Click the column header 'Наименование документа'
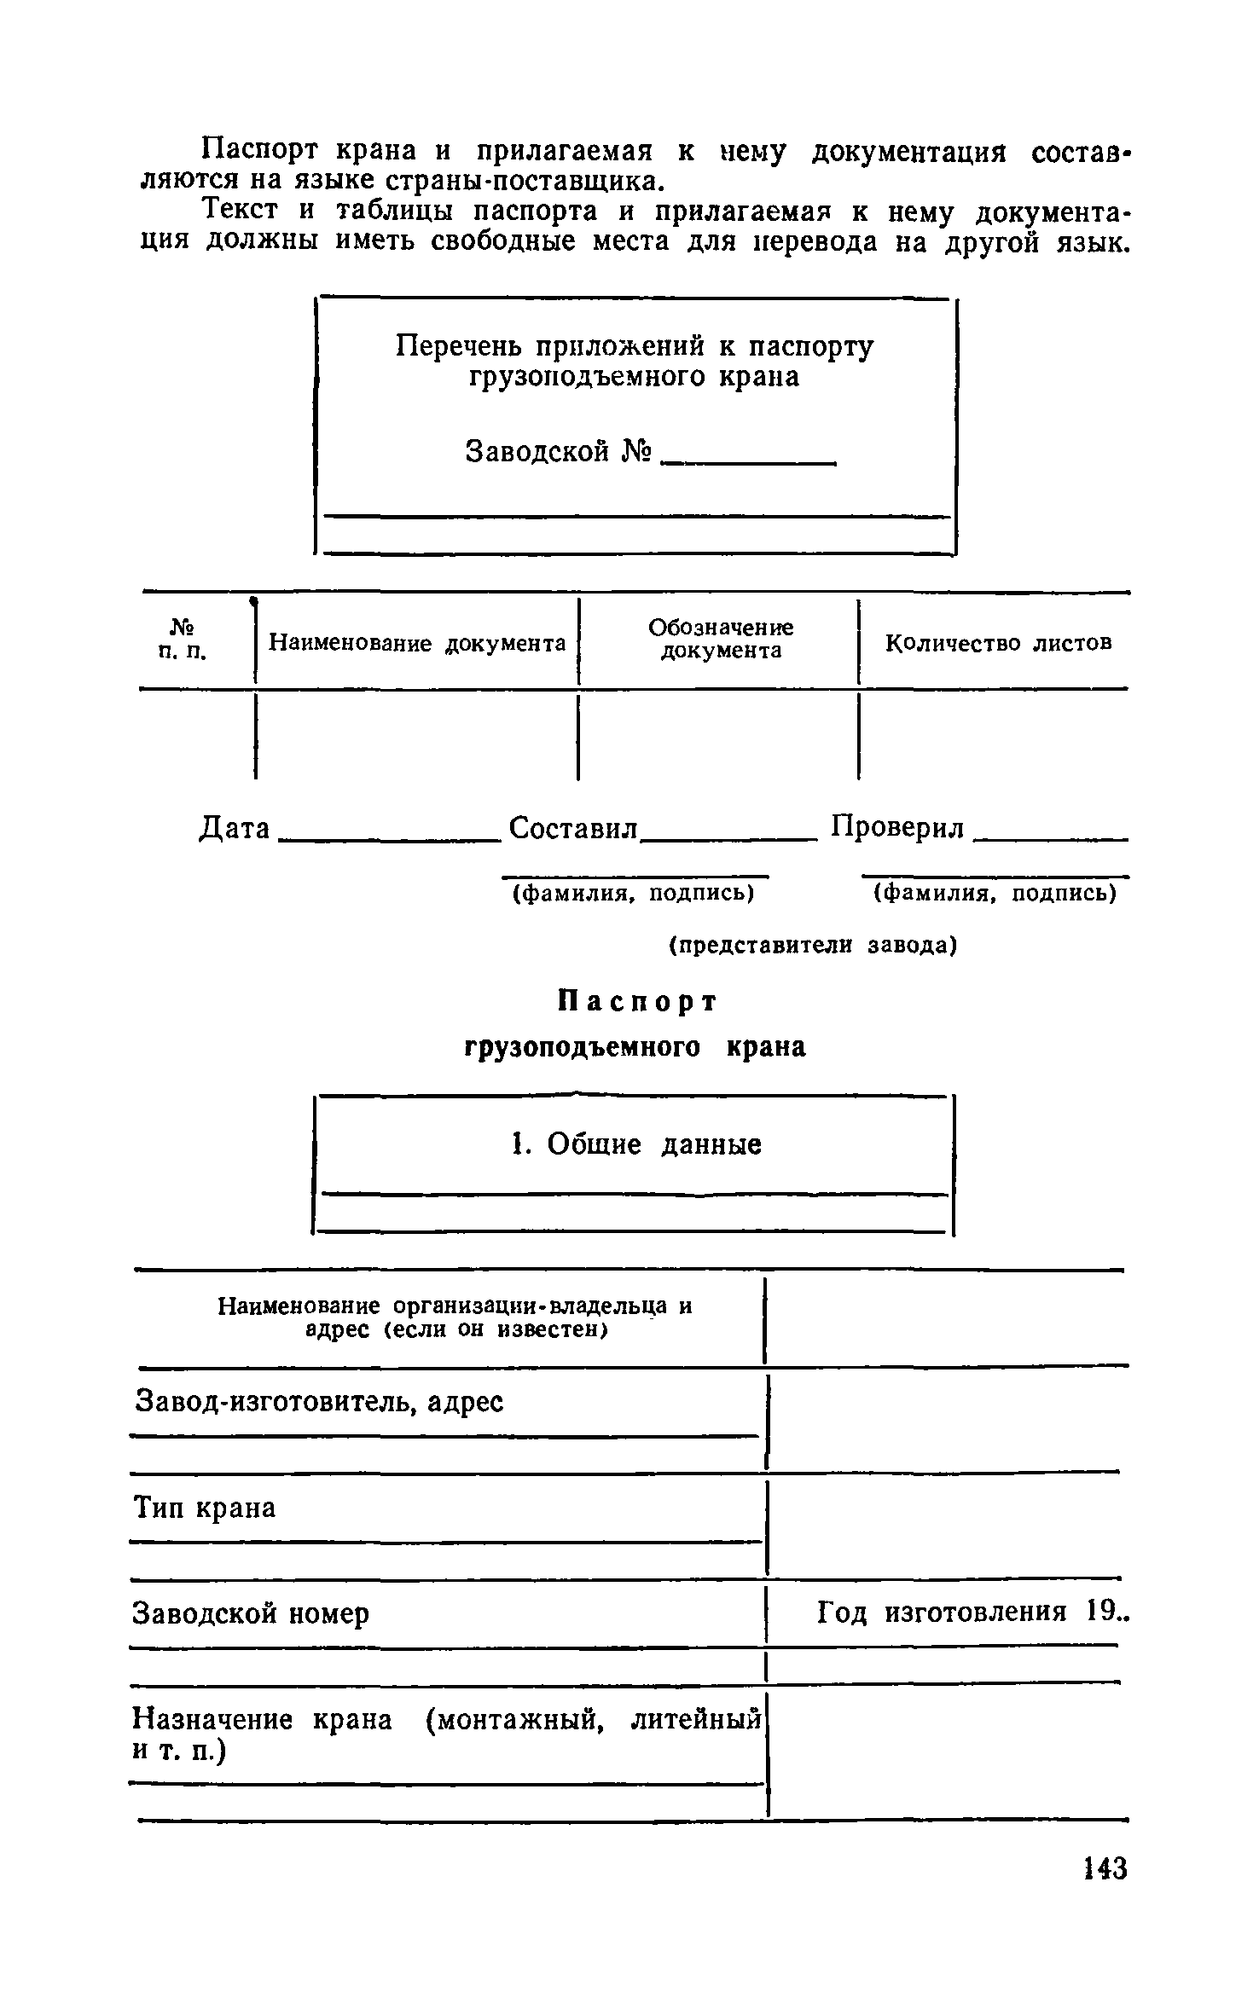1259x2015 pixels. click(x=417, y=642)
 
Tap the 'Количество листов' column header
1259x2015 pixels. click(x=998, y=642)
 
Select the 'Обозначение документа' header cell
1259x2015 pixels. click(x=721, y=640)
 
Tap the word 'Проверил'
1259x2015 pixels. click(x=898, y=827)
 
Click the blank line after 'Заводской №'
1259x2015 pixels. click(x=749, y=460)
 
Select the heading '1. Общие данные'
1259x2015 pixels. click(x=635, y=1144)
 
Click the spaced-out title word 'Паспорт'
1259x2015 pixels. click(x=637, y=1002)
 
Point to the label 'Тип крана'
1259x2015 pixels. click(x=205, y=1508)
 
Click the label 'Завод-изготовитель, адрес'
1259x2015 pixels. click(x=319, y=1402)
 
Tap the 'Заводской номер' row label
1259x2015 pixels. click(x=251, y=1613)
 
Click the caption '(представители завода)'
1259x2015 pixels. click(x=813, y=945)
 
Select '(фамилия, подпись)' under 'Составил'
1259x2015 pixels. click(x=632, y=893)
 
